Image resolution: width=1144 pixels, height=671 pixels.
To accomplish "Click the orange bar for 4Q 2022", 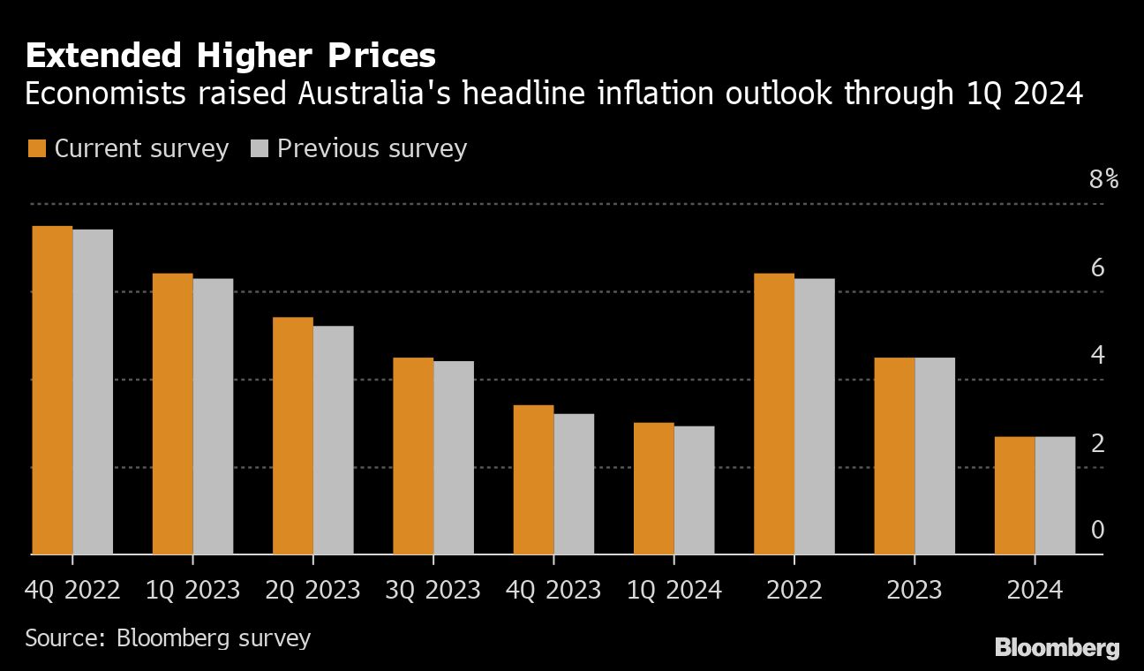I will point(52,390).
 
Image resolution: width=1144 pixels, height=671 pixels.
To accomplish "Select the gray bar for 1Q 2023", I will point(213,417).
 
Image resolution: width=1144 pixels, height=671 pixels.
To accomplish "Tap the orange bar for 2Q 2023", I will point(293,435).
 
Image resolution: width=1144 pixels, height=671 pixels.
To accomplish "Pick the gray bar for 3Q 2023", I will point(454,457).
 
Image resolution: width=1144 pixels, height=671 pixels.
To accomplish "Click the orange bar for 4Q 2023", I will point(533,479).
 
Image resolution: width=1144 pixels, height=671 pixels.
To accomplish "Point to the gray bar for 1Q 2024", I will point(694,490).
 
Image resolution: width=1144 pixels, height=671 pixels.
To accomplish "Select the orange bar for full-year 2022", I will point(774,414).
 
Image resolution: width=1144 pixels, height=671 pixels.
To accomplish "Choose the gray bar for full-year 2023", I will point(935,456).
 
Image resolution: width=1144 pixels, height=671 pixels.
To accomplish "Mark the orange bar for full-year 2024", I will point(1014,495).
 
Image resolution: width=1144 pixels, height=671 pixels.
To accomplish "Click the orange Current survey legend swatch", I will point(36,148).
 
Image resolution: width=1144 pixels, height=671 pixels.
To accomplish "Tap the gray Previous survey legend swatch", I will point(259,148).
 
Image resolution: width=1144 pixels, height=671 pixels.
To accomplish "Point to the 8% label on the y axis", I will point(1103,180).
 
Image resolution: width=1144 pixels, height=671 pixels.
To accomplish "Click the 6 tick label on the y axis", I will point(1097,268).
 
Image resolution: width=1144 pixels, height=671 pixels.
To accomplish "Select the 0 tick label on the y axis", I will point(1097,530).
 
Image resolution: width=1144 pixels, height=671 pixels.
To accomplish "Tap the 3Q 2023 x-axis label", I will point(433,590).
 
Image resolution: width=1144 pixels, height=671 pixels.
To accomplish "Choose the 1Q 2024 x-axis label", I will point(674,590).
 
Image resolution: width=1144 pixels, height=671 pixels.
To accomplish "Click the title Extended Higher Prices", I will point(230,57).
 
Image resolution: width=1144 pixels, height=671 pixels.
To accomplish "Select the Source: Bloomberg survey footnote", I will point(168,637).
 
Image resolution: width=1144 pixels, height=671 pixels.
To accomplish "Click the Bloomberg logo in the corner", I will point(1057,647).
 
